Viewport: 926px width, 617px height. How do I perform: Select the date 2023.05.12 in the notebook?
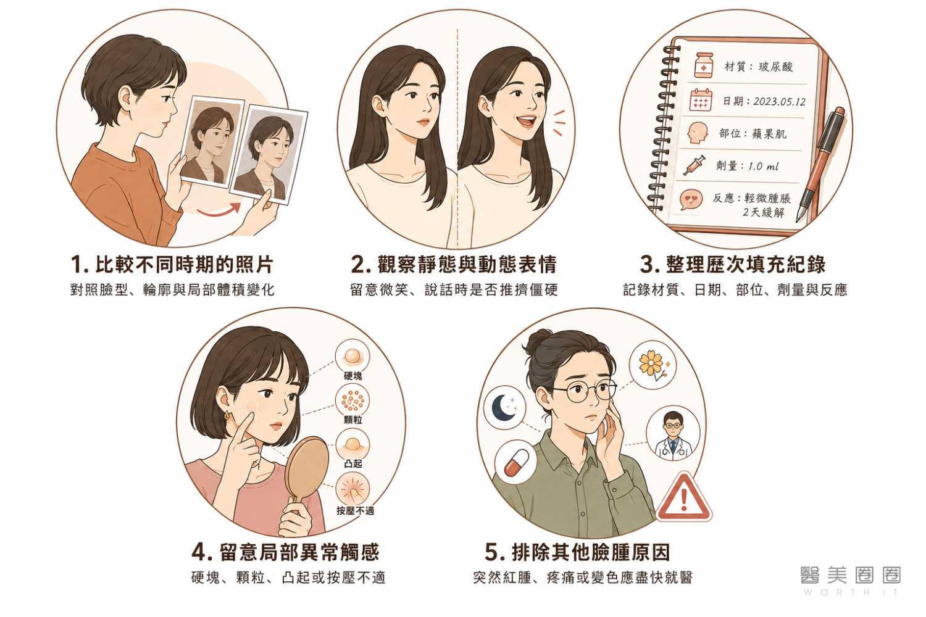779,102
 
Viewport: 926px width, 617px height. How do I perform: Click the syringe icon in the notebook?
694,165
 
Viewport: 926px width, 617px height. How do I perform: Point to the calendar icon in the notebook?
701,100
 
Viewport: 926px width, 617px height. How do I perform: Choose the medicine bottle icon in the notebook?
704,65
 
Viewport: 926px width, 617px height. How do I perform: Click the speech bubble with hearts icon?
691,199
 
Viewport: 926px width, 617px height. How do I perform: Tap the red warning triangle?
684,497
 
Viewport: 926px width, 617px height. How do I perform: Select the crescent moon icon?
503,407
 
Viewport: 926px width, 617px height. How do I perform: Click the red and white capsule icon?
516,462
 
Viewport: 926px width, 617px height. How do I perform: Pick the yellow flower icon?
653,365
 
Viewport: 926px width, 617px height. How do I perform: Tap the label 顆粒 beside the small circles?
352,420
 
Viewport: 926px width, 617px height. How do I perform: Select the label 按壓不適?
355,511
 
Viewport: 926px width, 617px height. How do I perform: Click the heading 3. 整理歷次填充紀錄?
733,265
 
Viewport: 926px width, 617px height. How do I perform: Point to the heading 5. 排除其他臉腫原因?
577,552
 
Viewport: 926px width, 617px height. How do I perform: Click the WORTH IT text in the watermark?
851,592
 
